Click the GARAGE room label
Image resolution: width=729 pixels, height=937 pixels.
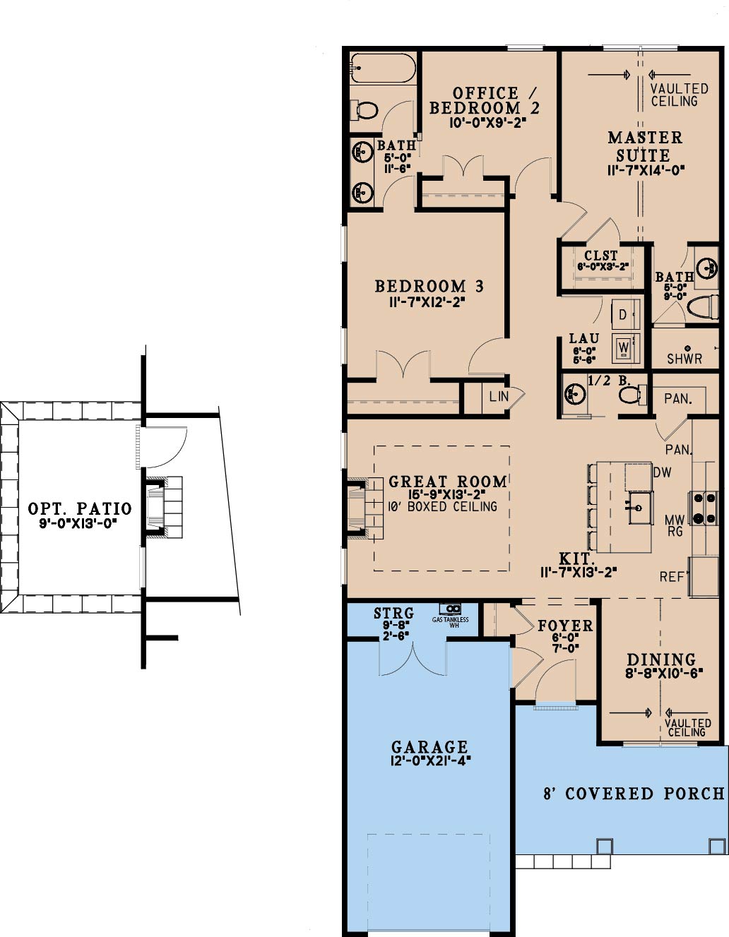point(429,747)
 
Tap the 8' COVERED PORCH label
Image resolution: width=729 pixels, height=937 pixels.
point(634,794)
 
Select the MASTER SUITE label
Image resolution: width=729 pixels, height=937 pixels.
point(645,146)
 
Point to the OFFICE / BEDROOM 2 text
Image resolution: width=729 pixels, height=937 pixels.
point(485,100)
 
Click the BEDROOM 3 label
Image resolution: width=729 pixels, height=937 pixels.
point(429,286)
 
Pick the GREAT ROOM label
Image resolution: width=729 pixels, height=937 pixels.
point(448,482)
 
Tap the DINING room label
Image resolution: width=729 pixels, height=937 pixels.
point(661,659)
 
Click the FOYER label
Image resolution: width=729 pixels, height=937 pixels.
point(565,626)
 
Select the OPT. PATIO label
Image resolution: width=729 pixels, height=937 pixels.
point(80,508)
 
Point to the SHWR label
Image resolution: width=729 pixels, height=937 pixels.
point(684,359)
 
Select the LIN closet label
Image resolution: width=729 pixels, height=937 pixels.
point(499,396)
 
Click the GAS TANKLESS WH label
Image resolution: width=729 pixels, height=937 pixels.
point(451,621)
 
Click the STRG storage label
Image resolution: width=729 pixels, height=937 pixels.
point(393,614)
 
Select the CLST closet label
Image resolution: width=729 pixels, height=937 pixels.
point(600,255)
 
